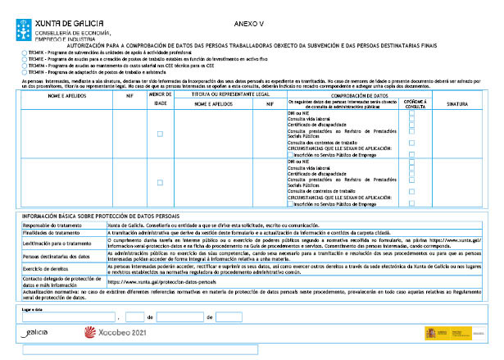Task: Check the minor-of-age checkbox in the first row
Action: tap(160, 134)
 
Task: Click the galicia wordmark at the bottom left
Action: tap(37, 333)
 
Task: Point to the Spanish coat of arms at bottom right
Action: tap(432, 333)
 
